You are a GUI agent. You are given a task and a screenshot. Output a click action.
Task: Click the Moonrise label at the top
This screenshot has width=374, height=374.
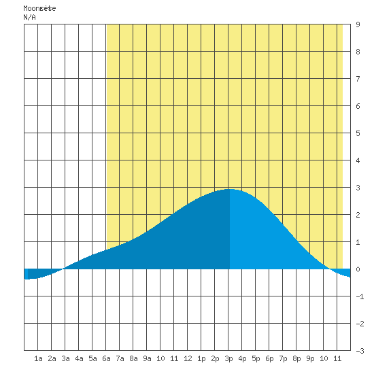39,9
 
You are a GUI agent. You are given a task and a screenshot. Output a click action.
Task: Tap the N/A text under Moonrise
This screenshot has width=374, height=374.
29,17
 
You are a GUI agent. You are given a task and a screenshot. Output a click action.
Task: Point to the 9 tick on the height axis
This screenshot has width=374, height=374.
358,24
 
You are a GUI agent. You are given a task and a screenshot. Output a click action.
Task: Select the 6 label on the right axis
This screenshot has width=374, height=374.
358,106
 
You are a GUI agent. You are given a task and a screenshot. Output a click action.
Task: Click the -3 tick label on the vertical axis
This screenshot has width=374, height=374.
360,351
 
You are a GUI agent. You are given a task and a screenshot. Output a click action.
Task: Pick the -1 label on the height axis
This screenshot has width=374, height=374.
360,296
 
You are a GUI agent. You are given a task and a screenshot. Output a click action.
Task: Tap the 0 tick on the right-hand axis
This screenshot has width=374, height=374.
358,269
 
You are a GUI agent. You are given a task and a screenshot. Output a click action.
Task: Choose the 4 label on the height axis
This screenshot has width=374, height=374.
358,160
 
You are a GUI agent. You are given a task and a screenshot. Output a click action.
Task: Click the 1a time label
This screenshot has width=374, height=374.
38,358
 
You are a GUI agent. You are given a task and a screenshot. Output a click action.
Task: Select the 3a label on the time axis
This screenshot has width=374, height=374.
65,358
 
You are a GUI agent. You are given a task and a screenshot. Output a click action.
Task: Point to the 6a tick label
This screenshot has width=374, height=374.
106,358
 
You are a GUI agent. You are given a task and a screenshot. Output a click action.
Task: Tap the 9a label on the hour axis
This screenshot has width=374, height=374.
147,358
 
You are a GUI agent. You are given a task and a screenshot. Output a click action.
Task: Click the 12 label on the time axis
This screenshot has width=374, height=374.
188,358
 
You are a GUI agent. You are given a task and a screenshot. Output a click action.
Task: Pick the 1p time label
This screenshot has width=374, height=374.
201,358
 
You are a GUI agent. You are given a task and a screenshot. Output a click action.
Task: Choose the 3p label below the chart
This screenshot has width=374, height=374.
228,358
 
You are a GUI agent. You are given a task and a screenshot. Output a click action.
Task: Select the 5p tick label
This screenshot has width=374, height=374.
256,358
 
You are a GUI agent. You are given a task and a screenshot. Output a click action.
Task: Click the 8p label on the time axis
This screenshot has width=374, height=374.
296,358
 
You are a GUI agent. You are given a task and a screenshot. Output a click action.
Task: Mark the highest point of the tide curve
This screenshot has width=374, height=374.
230,190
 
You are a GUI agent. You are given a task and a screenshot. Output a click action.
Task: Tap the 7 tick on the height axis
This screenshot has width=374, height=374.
358,79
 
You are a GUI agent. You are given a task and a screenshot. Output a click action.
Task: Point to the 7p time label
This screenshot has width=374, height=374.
283,358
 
